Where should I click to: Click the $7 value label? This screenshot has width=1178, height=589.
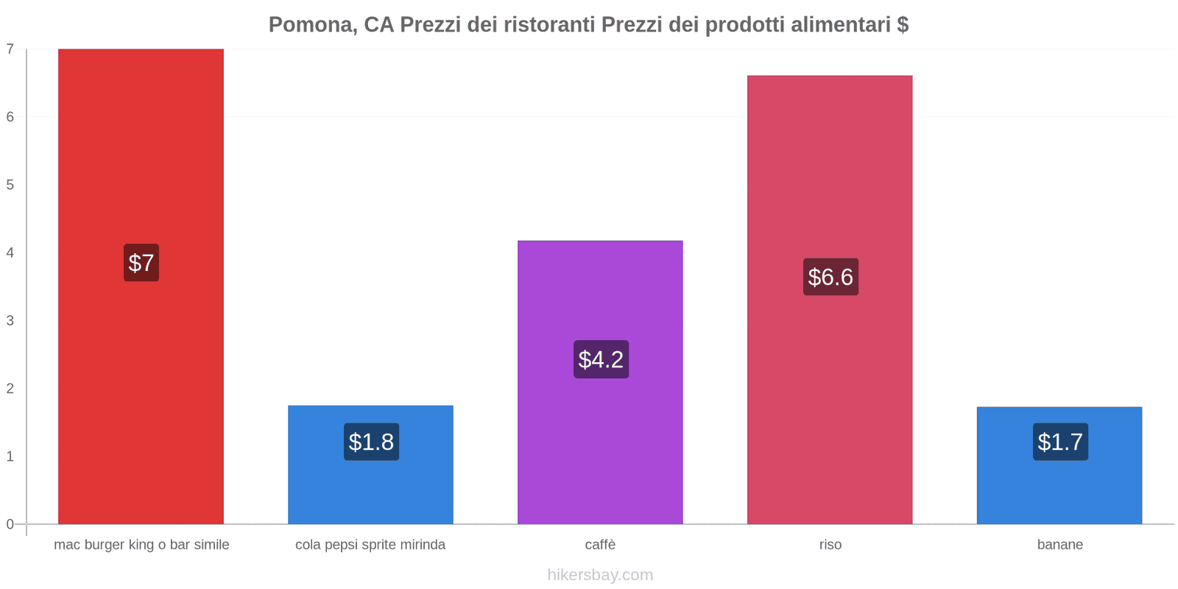(141, 263)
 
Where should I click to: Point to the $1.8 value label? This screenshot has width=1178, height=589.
(371, 442)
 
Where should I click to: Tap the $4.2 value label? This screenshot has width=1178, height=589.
(601, 359)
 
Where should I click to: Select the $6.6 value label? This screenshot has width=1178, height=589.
(830, 277)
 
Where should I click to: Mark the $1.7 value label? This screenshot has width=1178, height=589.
(1060, 442)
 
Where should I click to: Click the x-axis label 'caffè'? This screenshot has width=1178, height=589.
(600, 545)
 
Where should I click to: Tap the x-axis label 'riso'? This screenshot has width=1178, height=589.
(830, 545)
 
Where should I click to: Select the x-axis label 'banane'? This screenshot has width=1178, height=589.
(1059, 545)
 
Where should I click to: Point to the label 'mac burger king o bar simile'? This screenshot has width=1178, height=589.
(141, 545)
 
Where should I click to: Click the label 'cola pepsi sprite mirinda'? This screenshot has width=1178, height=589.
(370, 545)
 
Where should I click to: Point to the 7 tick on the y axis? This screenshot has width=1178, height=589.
(10, 49)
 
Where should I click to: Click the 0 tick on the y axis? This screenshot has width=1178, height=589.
(10, 524)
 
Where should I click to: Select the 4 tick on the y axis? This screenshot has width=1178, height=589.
(10, 253)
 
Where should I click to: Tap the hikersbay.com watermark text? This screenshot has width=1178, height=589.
(600, 575)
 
